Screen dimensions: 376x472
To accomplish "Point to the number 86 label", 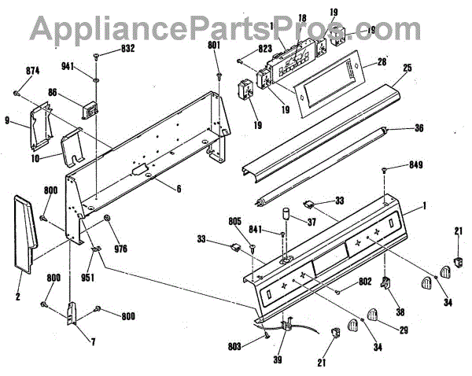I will (74, 92).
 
